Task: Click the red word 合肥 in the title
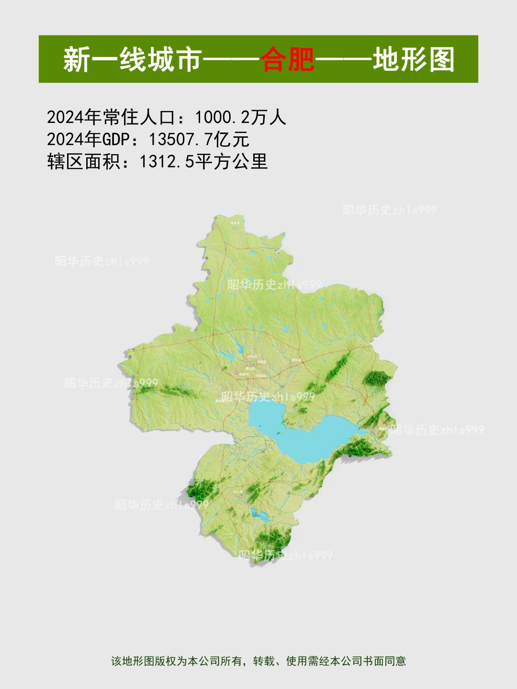(x=287, y=59)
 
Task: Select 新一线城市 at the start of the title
(x=132, y=59)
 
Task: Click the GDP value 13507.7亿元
(x=199, y=139)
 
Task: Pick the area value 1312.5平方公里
(x=203, y=162)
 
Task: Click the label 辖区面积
(x=84, y=162)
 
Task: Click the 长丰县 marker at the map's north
(x=235, y=227)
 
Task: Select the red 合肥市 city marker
(x=236, y=373)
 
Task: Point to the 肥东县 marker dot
(x=292, y=364)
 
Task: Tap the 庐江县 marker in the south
(x=241, y=496)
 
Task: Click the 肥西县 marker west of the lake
(x=220, y=396)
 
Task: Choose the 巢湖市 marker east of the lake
(x=378, y=427)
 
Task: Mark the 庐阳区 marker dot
(x=246, y=361)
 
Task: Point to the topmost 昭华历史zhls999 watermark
(x=390, y=210)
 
